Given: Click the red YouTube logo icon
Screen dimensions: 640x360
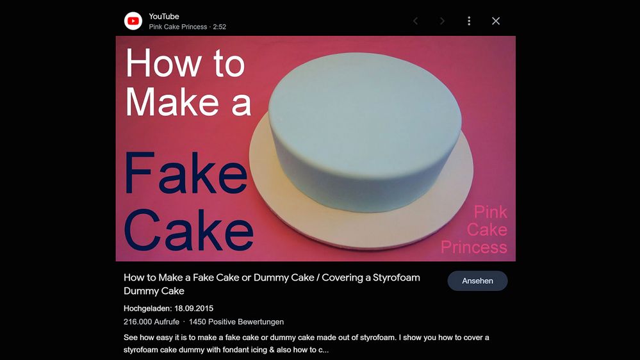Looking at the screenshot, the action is pyautogui.click(x=133, y=21).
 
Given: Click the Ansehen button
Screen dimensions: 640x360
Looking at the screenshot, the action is pyautogui.click(x=477, y=281).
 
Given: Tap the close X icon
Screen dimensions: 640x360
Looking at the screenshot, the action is pyautogui.click(x=495, y=20).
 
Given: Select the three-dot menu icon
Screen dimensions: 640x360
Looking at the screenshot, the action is pyautogui.click(x=469, y=20).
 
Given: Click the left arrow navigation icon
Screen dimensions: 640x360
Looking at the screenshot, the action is pyautogui.click(x=416, y=20).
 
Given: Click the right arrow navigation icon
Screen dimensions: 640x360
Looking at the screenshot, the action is pyautogui.click(x=442, y=20).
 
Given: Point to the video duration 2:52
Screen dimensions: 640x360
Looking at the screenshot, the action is pyautogui.click(x=220, y=27).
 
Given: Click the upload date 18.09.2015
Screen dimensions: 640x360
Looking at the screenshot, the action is pyautogui.click(x=194, y=309).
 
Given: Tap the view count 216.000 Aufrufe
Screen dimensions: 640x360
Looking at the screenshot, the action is pyautogui.click(x=151, y=322).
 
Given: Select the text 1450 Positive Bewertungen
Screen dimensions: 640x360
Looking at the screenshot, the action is pyautogui.click(x=236, y=322).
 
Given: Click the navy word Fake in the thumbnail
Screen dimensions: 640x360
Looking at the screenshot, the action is pyautogui.click(x=186, y=173).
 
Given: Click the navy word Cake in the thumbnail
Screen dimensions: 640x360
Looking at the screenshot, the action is pyautogui.click(x=188, y=230).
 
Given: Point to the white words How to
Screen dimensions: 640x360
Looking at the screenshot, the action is pyautogui.click(x=185, y=63).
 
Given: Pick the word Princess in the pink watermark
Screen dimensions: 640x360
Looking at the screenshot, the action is pyautogui.click(x=474, y=247).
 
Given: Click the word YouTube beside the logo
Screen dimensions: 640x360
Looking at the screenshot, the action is pyautogui.click(x=163, y=17).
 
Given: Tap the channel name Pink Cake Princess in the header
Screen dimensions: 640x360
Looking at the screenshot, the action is pyautogui.click(x=178, y=27).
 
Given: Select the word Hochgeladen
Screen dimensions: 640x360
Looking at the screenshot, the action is pyautogui.click(x=148, y=309).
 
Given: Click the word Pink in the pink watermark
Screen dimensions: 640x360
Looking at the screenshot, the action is pyautogui.click(x=490, y=212).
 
